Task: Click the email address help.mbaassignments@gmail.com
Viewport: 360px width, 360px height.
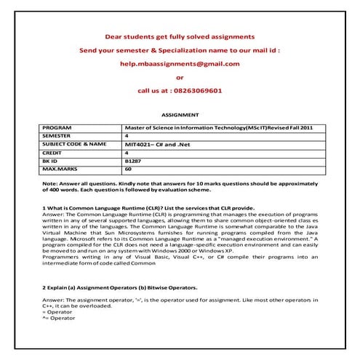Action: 180,63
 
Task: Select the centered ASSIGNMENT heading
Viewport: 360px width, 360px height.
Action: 179,115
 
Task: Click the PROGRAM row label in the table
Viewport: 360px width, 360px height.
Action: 59,127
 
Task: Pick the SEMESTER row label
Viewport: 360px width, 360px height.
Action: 60,135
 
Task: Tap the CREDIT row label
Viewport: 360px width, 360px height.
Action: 55,153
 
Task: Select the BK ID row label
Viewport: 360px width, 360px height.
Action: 52,161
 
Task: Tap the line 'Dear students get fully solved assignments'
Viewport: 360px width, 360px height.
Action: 180,36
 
